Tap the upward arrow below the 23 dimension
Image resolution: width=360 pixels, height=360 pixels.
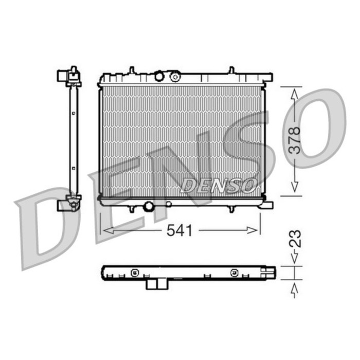[x=294, y=290]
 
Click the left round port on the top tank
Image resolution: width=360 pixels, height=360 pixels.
[x=159, y=77]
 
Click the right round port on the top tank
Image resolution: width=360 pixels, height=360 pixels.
[x=175, y=77]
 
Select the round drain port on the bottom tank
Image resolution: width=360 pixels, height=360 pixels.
[x=149, y=206]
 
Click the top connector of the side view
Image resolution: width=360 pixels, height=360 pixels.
[x=69, y=77]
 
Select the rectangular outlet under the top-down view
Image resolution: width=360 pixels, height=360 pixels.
[x=156, y=284]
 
